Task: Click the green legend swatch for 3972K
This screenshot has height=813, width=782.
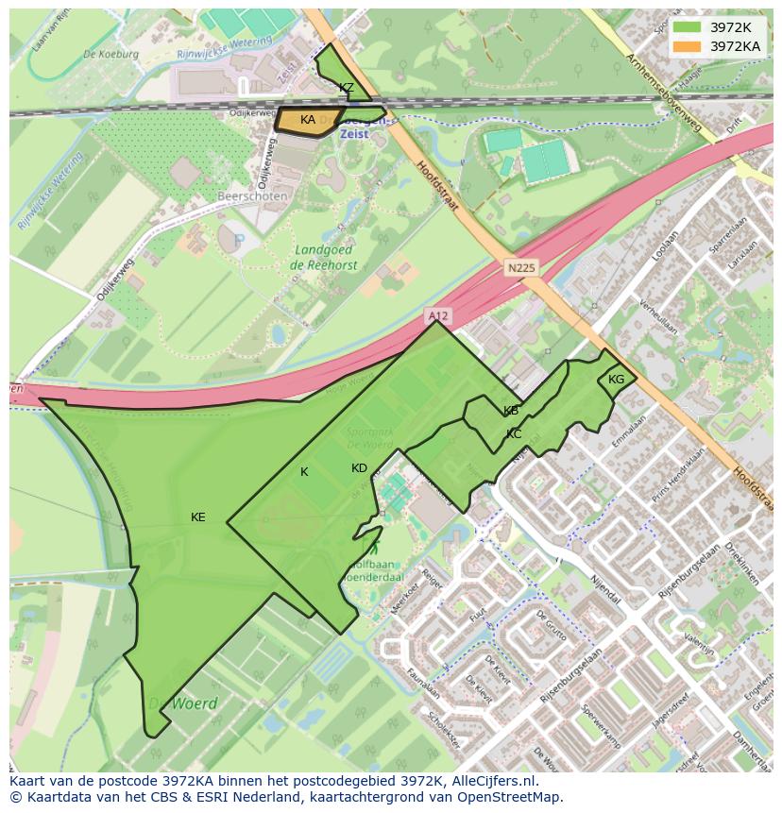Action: click(x=688, y=27)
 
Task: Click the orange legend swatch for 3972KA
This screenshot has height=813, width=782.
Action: click(x=688, y=45)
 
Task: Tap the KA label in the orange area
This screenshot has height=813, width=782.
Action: click(x=308, y=120)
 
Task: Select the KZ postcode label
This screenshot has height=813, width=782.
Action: click(x=347, y=88)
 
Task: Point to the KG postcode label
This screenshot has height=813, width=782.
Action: click(x=617, y=380)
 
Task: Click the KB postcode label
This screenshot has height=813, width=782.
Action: click(x=511, y=411)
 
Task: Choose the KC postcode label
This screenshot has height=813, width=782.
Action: click(x=514, y=434)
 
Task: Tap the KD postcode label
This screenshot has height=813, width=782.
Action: click(x=359, y=468)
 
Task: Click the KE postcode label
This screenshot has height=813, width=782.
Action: click(x=198, y=517)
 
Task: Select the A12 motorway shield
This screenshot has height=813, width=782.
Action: click(x=436, y=314)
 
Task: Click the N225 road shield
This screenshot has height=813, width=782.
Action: click(x=519, y=268)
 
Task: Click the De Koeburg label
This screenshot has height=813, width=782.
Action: click(x=110, y=54)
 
